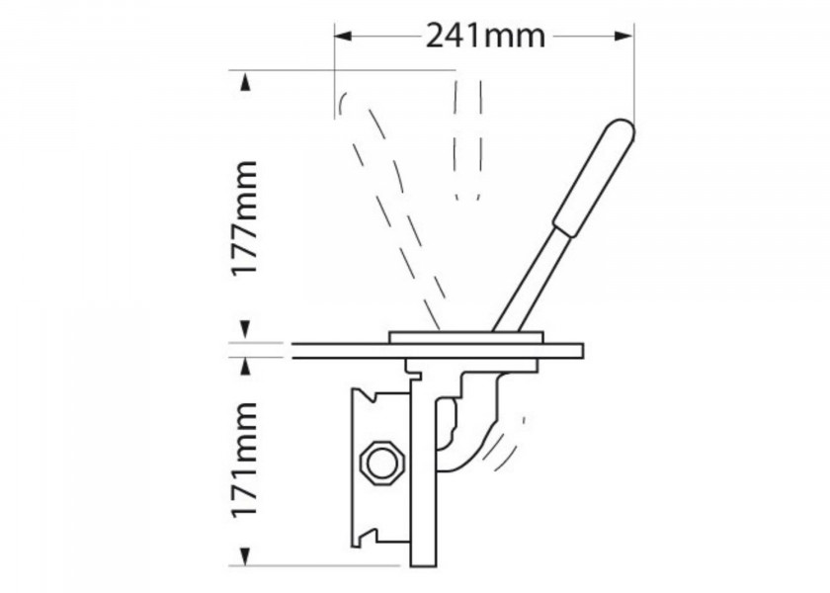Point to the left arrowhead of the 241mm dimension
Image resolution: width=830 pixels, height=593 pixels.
click(x=341, y=36)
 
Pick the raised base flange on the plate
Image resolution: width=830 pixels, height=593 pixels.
click(x=464, y=336)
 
